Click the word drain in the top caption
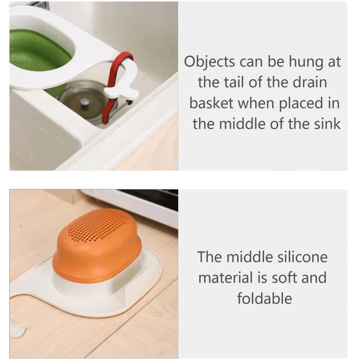(310, 83)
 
